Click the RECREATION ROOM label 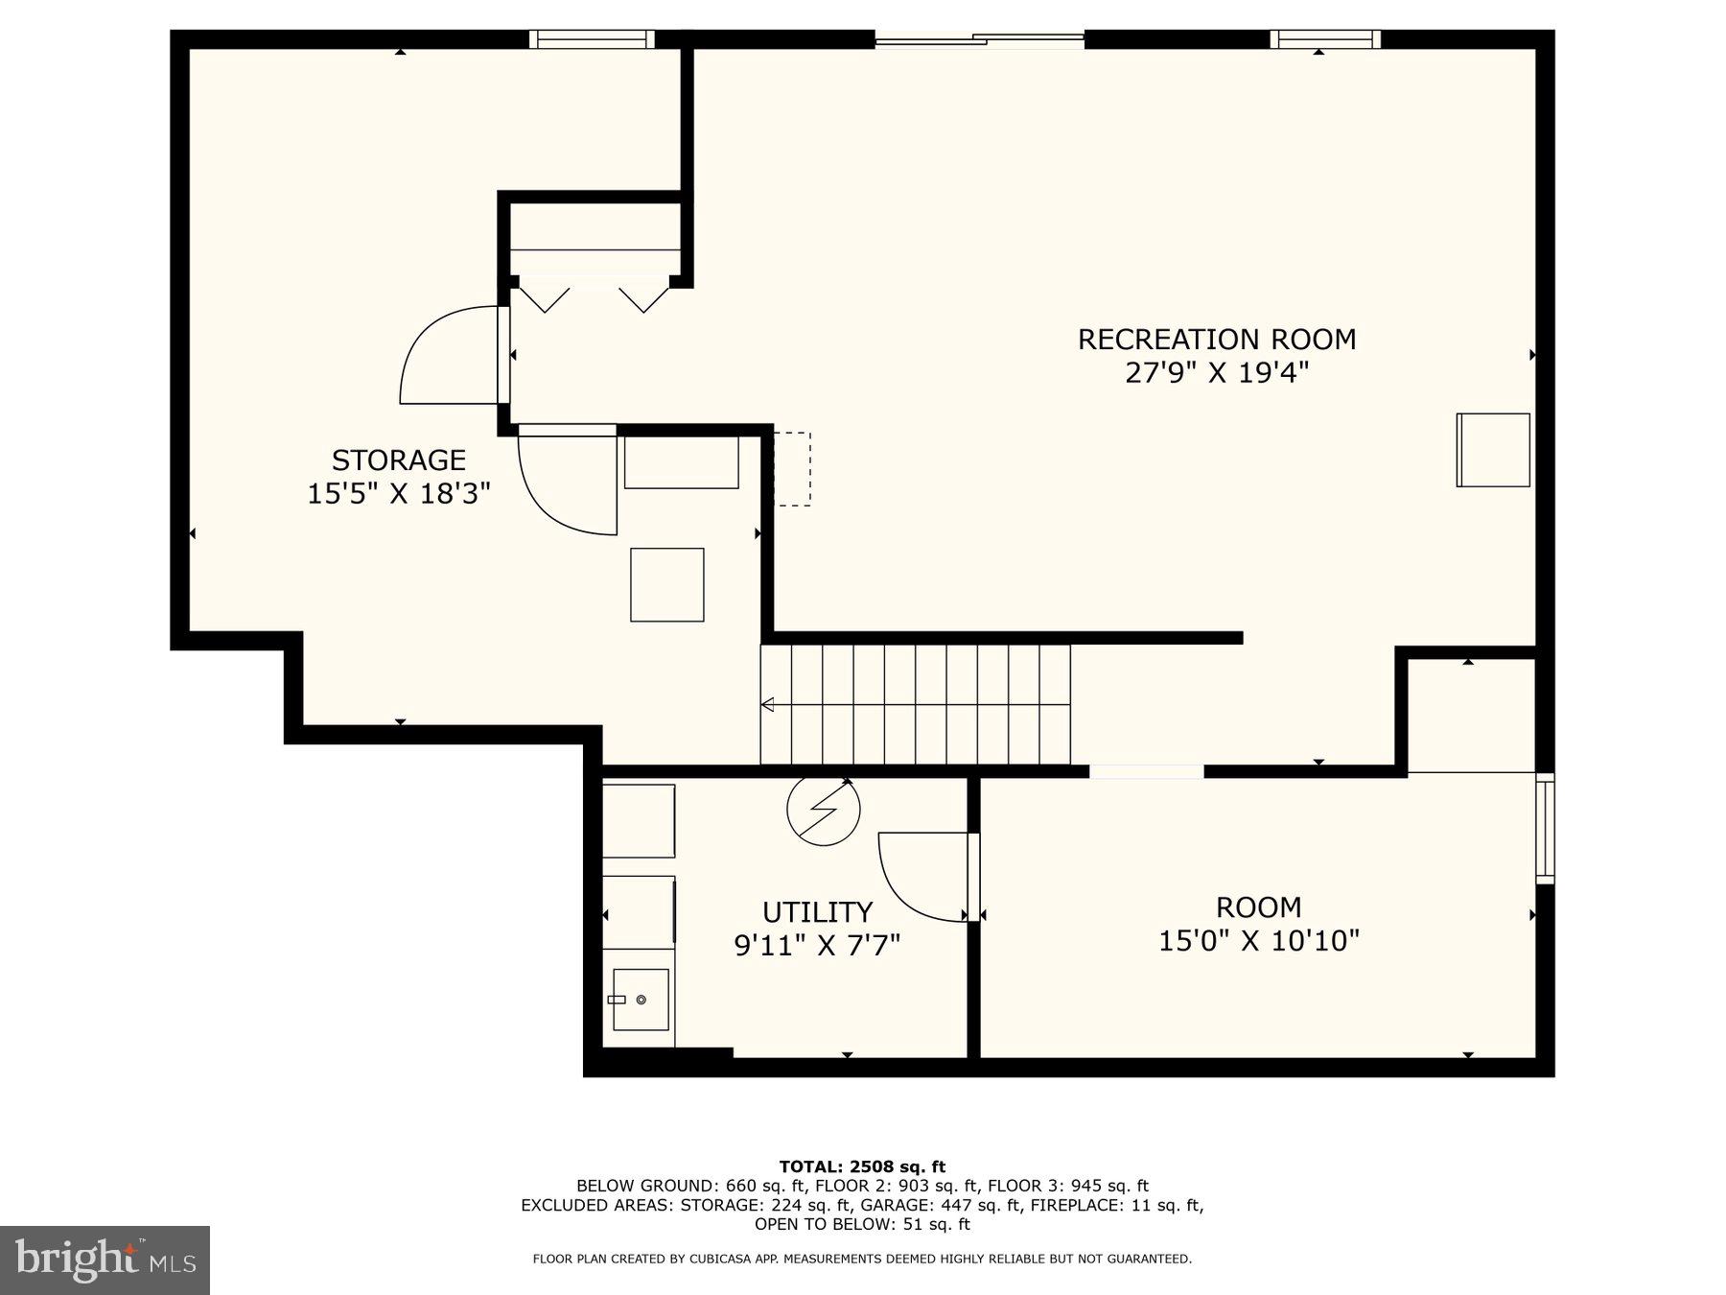pos(1216,340)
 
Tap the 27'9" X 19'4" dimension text pos(1216,373)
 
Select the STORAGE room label pos(399,460)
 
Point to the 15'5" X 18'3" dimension pos(399,494)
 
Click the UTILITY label pos(817,912)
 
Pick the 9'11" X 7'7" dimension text pos(817,947)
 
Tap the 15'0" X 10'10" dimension pos(1258,941)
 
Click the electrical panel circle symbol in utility pos(823,810)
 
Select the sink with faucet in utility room pos(641,1000)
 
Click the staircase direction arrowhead pos(767,705)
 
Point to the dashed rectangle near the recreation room pos(792,469)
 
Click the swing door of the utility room pos(921,875)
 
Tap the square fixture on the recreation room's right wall pos(1493,450)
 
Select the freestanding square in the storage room pos(666,585)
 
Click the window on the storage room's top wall pos(592,39)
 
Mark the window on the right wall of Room pos(1544,828)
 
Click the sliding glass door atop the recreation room pos(979,39)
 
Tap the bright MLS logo pos(105,1260)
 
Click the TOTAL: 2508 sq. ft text pos(862,1166)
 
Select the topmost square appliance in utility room pos(639,821)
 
